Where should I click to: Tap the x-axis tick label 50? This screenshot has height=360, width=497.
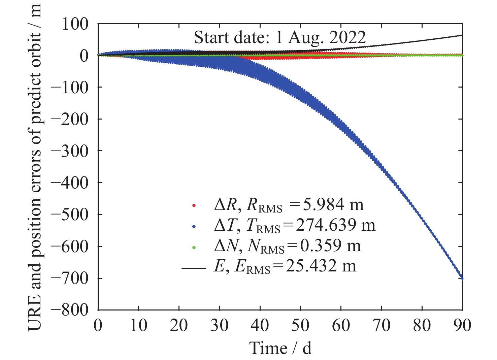(x=300, y=325)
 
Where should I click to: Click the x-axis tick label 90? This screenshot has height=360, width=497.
(x=462, y=325)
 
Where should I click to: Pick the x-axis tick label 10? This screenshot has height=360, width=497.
(x=138, y=325)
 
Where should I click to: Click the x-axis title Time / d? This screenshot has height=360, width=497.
(x=280, y=348)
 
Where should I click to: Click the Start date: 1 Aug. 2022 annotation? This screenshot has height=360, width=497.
(x=280, y=38)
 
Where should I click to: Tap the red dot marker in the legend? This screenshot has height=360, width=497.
(x=194, y=205)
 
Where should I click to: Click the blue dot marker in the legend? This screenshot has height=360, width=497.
(x=194, y=226)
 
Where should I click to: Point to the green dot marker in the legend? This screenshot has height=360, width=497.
(x=194, y=247)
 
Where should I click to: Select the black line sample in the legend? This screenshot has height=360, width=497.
(x=194, y=268)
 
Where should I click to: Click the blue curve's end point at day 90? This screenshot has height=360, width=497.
(x=462, y=279)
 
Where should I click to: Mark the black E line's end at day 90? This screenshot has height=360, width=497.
(x=462, y=35)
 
